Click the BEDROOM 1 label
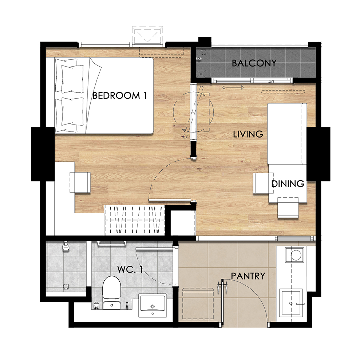[119, 95]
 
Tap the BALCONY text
[254, 63]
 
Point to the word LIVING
[248, 134]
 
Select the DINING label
[288, 184]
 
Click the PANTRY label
[248, 276]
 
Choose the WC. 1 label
[130, 269]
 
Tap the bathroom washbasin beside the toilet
[153, 305]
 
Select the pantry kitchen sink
[291, 303]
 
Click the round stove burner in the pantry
[296, 255]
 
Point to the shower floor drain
[66, 286]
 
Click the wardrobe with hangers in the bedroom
[135, 220]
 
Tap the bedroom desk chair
[80, 182]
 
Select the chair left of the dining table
[261, 183]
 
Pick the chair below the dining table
[288, 207]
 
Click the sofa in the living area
[287, 134]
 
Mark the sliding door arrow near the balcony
[233, 87]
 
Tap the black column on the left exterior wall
[43, 154]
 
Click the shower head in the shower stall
[66, 246]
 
